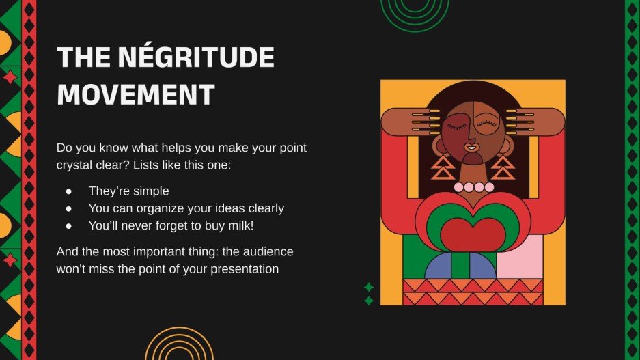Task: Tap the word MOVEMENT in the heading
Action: (x=136, y=94)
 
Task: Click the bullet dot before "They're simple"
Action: (x=68, y=191)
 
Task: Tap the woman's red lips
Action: (x=471, y=147)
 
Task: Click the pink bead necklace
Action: (x=474, y=186)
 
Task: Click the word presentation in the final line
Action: (x=240, y=268)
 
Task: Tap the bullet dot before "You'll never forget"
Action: (x=68, y=225)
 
